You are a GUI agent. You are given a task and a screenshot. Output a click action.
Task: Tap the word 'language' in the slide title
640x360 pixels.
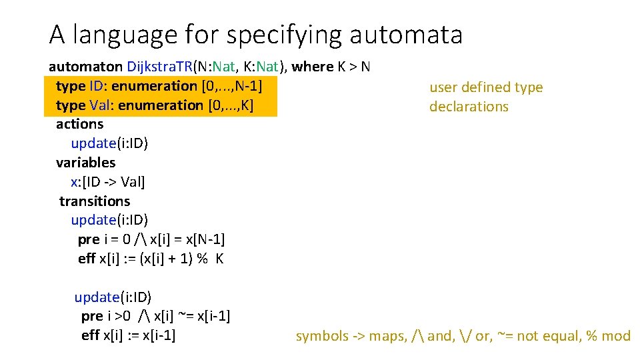132,35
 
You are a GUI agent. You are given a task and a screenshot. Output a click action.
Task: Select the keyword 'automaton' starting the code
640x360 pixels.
85,67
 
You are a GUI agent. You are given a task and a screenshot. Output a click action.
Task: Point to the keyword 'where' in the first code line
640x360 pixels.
312,67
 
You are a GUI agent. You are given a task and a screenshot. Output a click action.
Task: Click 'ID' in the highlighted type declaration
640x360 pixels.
97,86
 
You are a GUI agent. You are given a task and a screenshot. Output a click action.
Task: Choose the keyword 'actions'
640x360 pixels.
79,124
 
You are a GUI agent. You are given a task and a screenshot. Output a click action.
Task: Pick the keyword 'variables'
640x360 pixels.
85,163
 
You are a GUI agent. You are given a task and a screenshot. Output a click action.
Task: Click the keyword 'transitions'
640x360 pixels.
95,201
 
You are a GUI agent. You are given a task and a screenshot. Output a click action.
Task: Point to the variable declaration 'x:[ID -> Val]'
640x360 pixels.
107,182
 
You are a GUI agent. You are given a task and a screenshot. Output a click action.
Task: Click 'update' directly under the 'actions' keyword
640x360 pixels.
93,143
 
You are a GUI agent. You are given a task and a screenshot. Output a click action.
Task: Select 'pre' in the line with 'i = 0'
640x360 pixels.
88,239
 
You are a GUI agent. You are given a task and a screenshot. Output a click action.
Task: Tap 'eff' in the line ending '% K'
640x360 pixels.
87,259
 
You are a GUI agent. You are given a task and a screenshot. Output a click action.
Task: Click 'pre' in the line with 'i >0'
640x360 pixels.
91,316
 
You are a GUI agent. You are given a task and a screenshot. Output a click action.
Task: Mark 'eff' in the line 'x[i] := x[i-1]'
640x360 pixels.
90,335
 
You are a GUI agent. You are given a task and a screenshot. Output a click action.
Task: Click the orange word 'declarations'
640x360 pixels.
469,107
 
